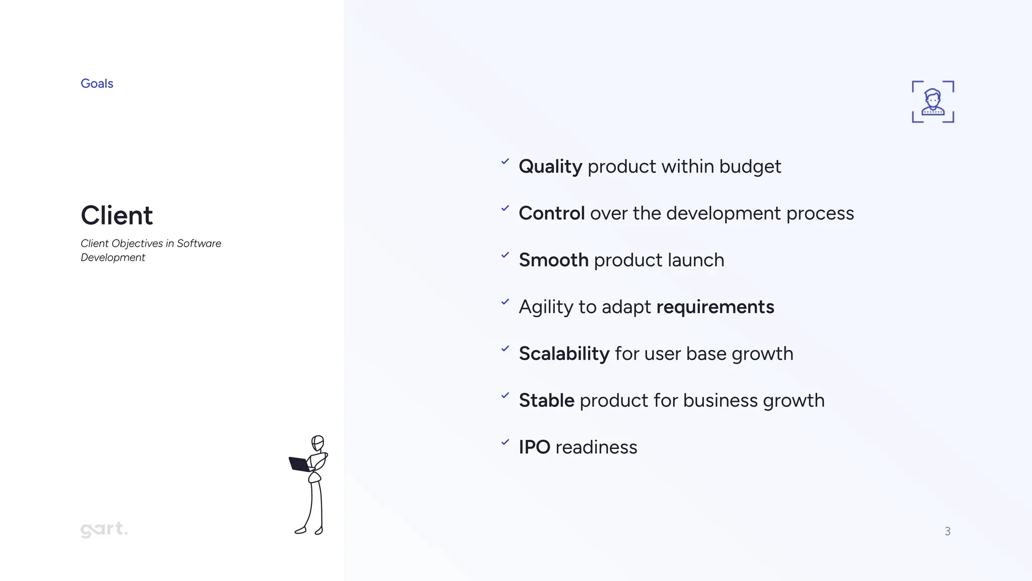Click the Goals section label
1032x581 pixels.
click(x=97, y=84)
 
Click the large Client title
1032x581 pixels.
click(x=116, y=216)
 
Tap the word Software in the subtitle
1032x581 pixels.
click(x=199, y=244)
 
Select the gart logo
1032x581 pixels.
click(x=104, y=529)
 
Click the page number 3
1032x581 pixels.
click(x=947, y=532)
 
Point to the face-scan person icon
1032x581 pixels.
click(x=933, y=102)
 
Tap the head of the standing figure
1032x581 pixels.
click(x=317, y=443)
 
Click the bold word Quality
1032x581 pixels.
click(x=550, y=167)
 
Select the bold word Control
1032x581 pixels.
click(x=551, y=214)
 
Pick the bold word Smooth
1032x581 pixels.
click(x=553, y=260)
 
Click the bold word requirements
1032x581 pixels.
click(x=715, y=307)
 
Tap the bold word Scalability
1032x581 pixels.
click(x=564, y=354)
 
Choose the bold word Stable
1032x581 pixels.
click(x=546, y=401)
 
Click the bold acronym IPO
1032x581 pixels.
click(x=534, y=447)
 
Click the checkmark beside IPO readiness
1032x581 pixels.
click(x=505, y=442)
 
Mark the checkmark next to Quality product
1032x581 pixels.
click(x=505, y=161)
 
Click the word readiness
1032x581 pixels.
click(x=596, y=447)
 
